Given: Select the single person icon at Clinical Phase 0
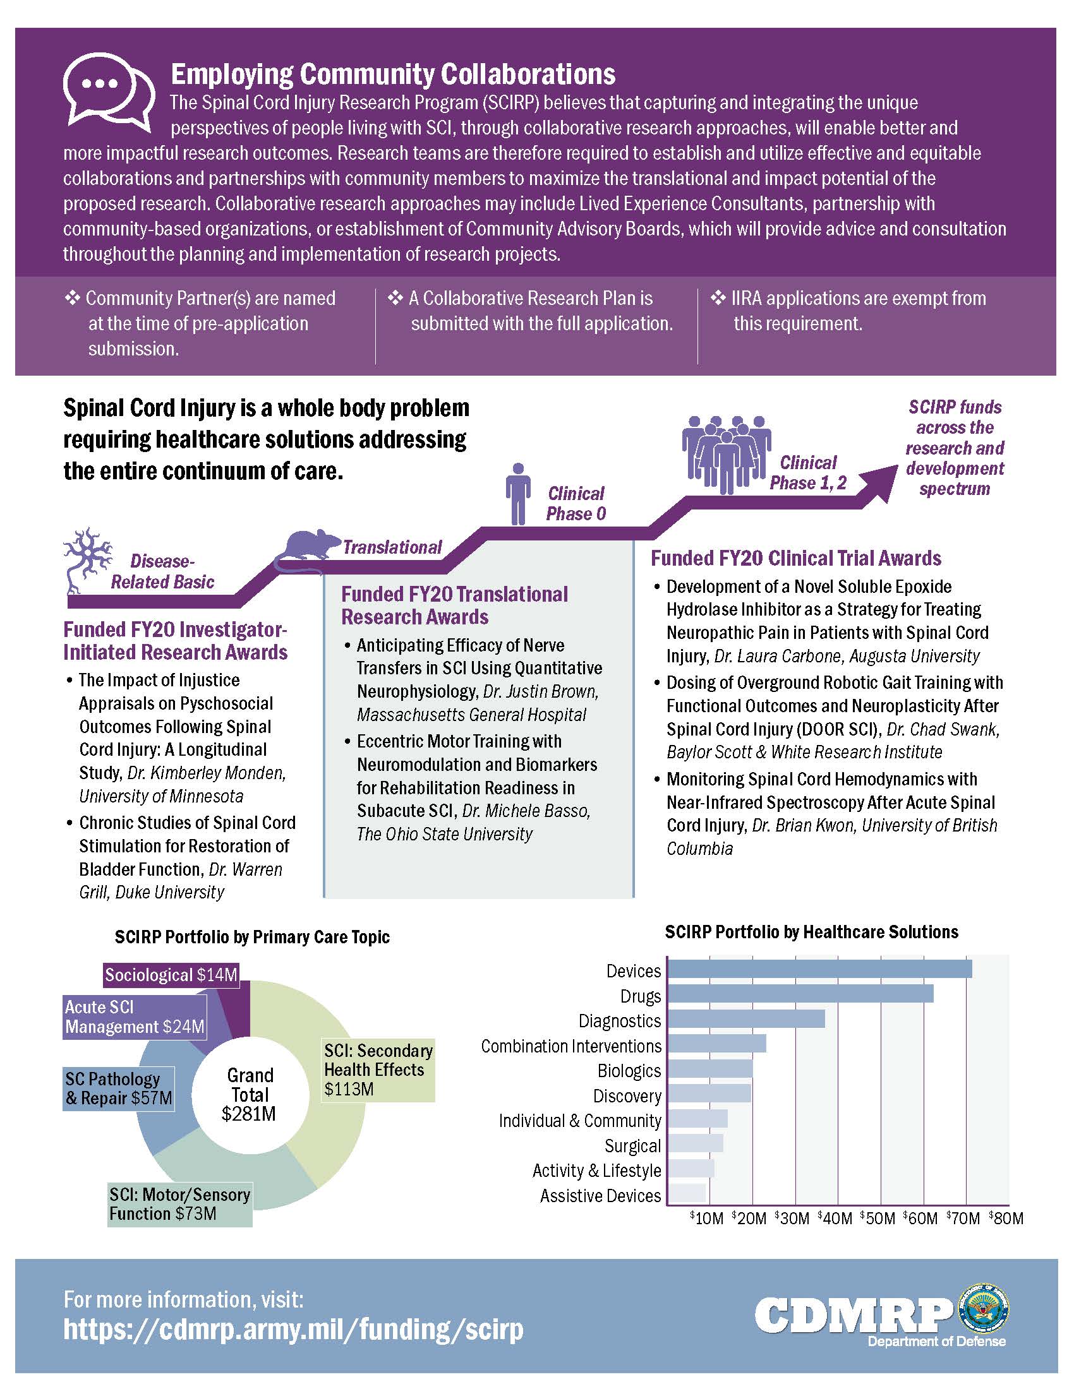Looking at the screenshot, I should (x=519, y=493).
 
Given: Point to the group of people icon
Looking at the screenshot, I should (x=726, y=453).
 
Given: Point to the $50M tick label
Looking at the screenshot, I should (x=878, y=1218).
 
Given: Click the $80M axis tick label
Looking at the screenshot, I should (x=1006, y=1218).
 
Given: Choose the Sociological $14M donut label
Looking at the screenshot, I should (x=171, y=975).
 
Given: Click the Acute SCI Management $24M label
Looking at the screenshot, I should (x=135, y=1016).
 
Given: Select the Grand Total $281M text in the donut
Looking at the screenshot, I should (x=250, y=1094).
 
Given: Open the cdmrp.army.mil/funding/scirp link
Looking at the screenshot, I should (x=293, y=1329).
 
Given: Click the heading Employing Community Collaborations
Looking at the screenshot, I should (x=392, y=75).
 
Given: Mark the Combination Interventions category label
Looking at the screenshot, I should (x=570, y=1046).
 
